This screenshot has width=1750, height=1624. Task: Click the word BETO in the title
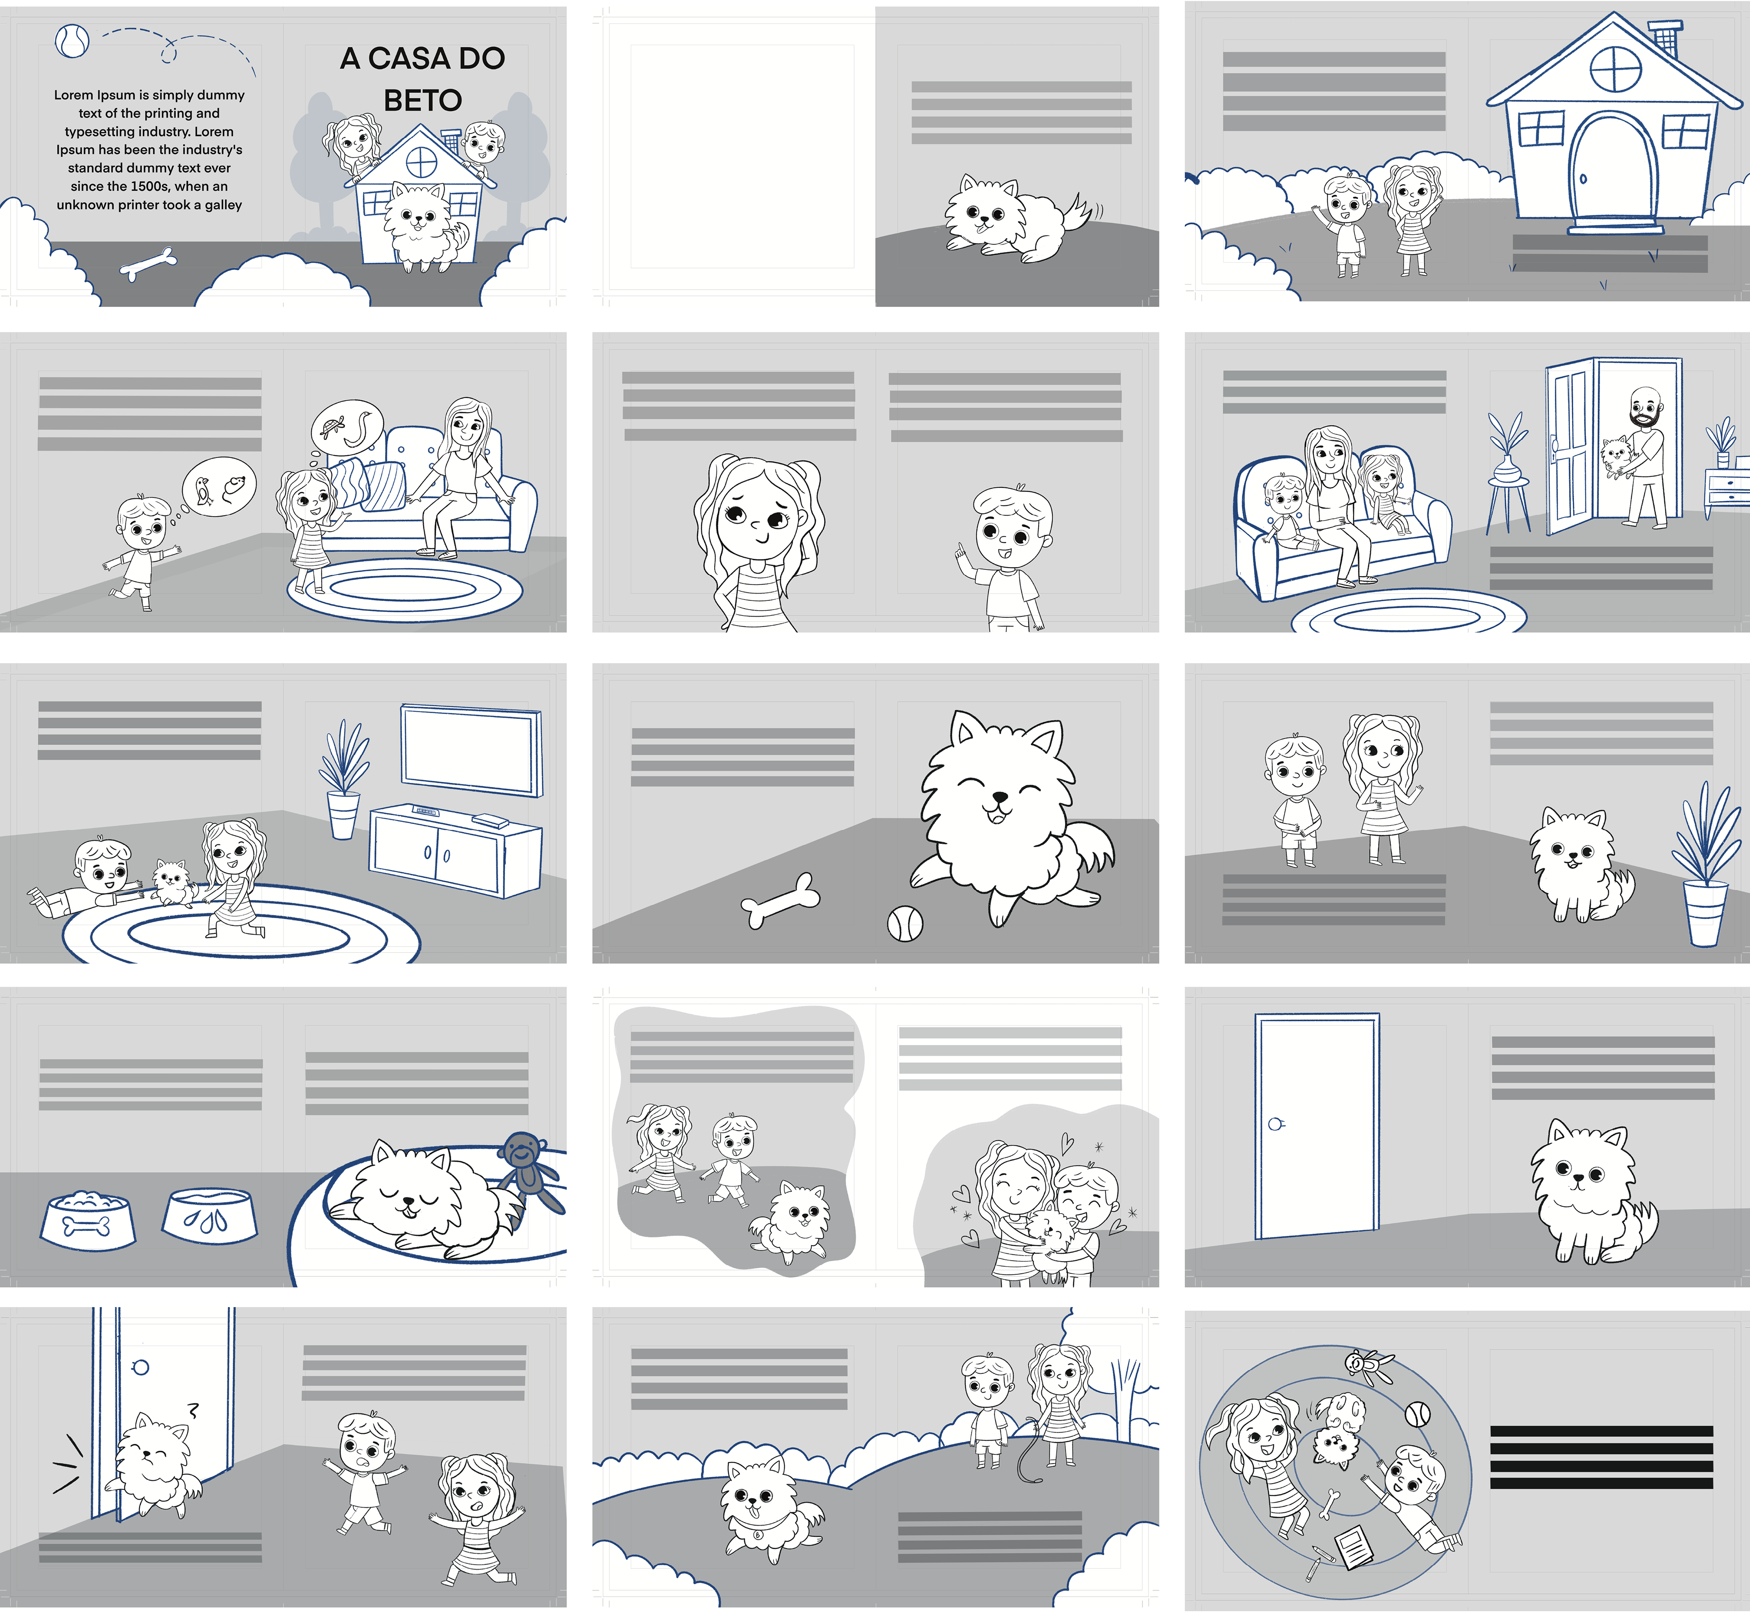[x=422, y=100]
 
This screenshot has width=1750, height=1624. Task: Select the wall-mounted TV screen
[x=472, y=750]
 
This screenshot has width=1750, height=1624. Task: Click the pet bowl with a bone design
[x=88, y=1220]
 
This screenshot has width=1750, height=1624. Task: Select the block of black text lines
[x=1601, y=1457]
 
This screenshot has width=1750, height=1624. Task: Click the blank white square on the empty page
[x=742, y=156]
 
